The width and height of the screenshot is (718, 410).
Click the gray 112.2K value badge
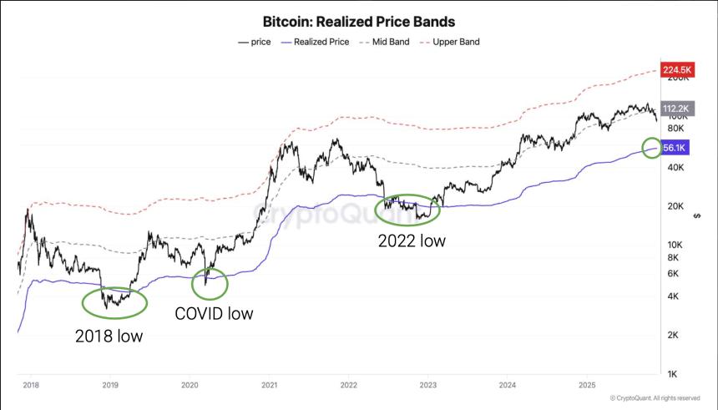(675, 109)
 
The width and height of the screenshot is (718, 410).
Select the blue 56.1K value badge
(675, 148)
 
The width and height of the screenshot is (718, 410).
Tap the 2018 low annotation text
(109, 337)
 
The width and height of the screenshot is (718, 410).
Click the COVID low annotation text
(213, 314)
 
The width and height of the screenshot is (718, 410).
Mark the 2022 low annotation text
(412, 240)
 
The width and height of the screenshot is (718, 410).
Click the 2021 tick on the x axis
(269, 385)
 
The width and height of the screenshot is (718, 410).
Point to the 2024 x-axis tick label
(508, 385)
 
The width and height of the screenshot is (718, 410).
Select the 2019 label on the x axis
(110, 385)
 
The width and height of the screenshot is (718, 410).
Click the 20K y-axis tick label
(674, 206)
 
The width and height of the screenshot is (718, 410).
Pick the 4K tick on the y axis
(674, 296)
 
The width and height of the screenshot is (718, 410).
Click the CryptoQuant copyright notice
(655, 398)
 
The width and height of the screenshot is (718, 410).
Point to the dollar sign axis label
(697, 217)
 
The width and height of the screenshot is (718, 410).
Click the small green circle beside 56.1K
(652, 149)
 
